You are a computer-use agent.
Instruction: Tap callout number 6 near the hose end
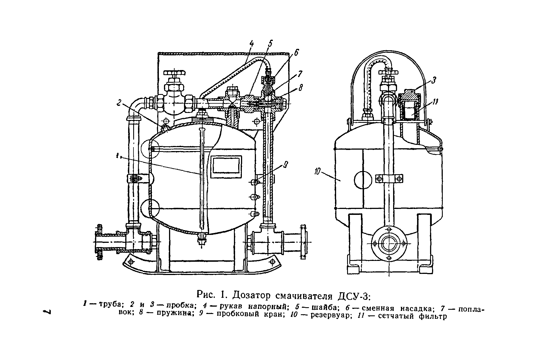click(x=296, y=53)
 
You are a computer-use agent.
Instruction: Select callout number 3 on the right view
click(x=433, y=80)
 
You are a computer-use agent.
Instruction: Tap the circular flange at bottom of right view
click(x=389, y=243)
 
